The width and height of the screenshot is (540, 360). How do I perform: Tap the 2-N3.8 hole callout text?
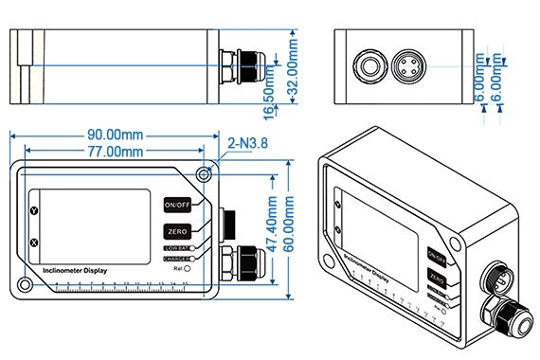coord(247,144)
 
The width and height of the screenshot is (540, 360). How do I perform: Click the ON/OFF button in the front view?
coord(177,205)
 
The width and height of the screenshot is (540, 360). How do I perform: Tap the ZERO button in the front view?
coord(177,231)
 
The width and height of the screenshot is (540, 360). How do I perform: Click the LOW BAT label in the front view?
coord(175,248)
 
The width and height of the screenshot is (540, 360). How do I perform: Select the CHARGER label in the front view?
coord(175,258)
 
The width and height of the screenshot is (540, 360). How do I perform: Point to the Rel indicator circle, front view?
coord(189,269)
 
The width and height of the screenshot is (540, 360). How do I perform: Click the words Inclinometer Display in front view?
coord(76,270)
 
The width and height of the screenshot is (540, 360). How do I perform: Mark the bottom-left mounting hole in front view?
coord(23,284)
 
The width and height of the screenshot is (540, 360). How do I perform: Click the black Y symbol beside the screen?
coord(34,210)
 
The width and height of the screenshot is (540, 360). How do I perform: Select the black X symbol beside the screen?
coord(34,243)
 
